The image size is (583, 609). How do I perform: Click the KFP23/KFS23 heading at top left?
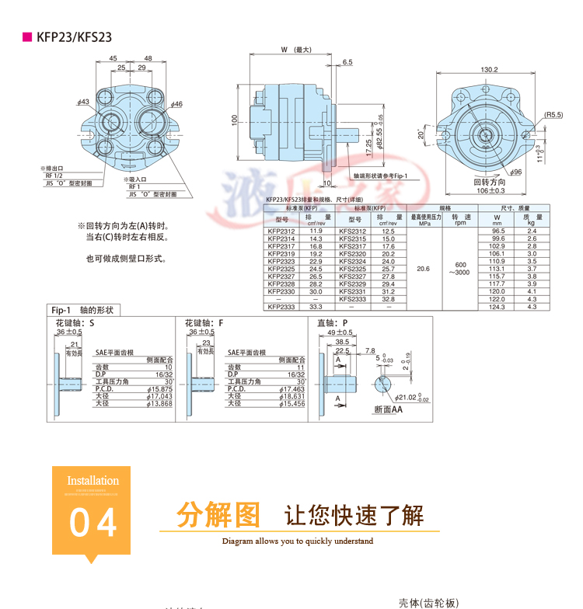tap(74, 37)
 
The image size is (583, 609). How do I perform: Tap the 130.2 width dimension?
tap(489, 70)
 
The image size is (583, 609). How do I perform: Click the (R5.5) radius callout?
tap(553, 114)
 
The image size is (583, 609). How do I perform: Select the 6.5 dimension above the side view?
tap(347, 62)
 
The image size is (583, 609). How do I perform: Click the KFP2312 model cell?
tap(281, 231)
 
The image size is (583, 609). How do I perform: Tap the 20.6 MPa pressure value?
tap(424, 269)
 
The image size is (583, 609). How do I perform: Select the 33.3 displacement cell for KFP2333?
tap(316, 307)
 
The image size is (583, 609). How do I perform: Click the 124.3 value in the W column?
tap(497, 307)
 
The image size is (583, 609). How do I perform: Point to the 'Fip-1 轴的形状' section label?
tap(82, 310)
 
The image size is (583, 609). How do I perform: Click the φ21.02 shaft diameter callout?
tap(411, 397)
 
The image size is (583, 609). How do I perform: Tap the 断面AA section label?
tap(388, 409)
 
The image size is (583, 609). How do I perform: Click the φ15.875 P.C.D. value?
tap(159, 388)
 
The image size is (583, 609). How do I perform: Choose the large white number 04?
tap(93, 523)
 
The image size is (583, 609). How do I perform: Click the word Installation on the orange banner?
tap(93, 481)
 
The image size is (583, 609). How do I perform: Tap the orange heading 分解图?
tap(217, 514)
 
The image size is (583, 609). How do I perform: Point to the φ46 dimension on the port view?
tap(176, 104)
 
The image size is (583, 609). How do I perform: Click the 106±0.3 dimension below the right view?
tap(490, 190)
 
